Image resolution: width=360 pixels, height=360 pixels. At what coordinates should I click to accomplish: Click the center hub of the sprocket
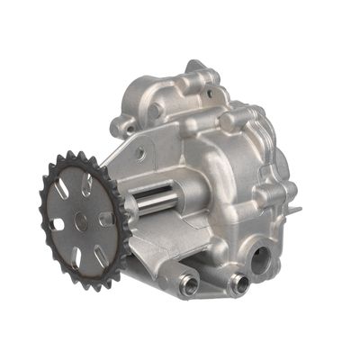coord(82,219)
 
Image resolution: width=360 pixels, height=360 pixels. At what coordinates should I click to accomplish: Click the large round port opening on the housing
coord(259,260)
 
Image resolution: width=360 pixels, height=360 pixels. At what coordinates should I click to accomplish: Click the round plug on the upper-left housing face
coord(156,112)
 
